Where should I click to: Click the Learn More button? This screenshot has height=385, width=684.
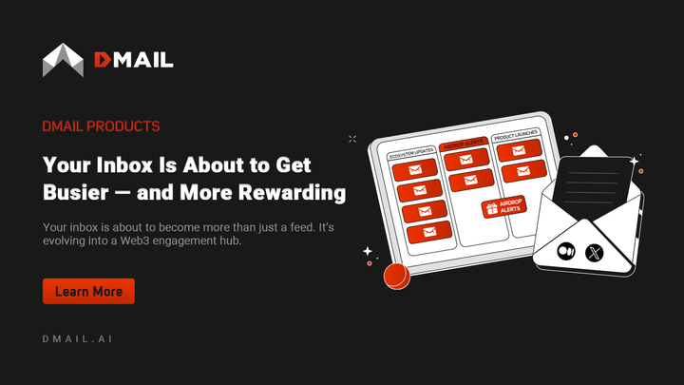click(x=88, y=291)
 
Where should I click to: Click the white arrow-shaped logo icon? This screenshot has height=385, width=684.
click(x=63, y=60)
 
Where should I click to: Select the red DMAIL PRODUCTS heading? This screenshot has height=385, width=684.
click(x=101, y=126)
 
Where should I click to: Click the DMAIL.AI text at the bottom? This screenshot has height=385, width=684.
click(x=80, y=339)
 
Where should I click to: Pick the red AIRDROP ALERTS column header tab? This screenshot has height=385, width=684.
click(x=463, y=142)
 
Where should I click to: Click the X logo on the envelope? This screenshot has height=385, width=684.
click(x=596, y=253)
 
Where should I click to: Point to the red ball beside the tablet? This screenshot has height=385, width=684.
click(x=395, y=277)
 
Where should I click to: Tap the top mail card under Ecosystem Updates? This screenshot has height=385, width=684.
click(x=415, y=170)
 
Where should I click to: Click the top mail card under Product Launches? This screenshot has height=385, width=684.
click(x=519, y=150)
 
